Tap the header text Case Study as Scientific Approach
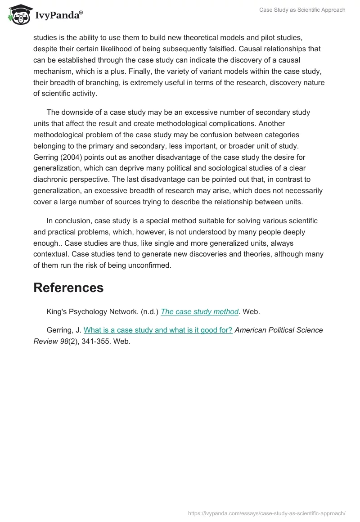click(302, 10)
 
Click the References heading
click(68, 288)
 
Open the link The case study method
click(199, 311)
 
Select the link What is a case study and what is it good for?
click(158, 330)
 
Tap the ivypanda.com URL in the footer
click(266, 513)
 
